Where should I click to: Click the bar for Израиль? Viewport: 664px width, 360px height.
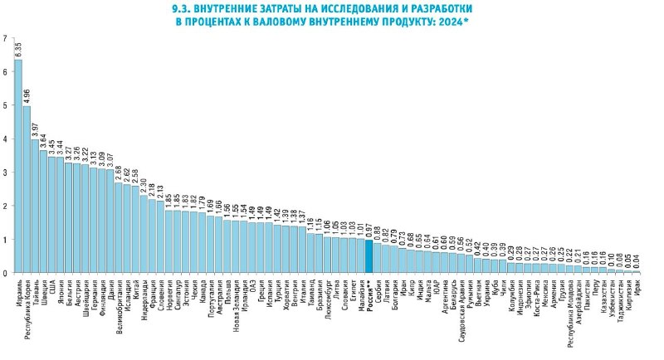(x=18, y=166)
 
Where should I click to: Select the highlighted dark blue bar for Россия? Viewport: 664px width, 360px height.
(x=369, y=256)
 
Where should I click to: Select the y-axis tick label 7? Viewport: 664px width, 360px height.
(x=5, y=39)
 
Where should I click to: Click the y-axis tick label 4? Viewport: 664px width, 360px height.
(x=5, y=139)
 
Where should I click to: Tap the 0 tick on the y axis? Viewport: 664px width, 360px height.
(x=5, y=273)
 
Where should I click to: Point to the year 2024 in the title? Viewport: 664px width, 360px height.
(x=449, y=24)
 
